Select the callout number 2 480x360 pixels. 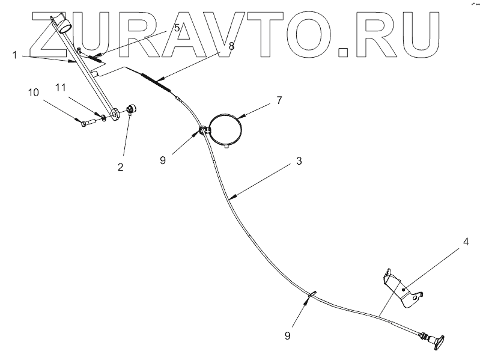[x=121, y=167]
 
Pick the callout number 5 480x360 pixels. [x=177, y=27]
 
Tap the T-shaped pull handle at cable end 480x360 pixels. [x=436, y=341]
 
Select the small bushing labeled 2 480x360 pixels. [x=133, y=110]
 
